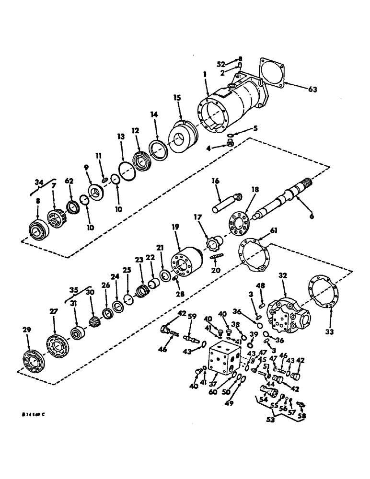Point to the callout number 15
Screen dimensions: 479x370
click(x=178, y=97)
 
